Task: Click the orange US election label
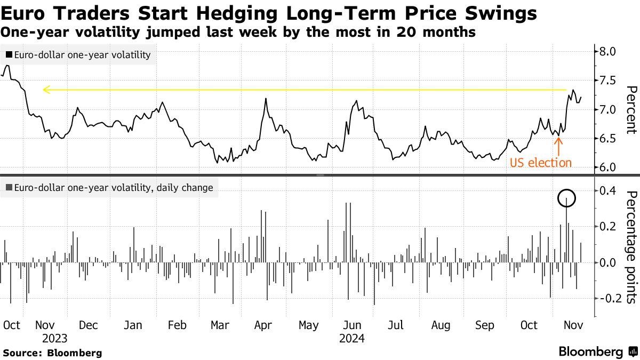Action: [540, 163]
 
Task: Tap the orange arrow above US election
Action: [558, 145]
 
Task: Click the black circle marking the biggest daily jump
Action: [567, 199]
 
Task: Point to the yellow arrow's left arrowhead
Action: [46, 90]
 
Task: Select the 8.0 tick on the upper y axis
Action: [608, 52]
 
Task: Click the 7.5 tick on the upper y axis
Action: [608, 81]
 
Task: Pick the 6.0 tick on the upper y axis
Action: [608, 167]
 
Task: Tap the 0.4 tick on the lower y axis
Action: [608, 191]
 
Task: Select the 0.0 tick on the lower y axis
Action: [608, 262]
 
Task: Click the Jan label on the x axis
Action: [133, 325]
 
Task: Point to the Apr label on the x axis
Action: [263, 325]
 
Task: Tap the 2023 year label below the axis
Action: [55, 339]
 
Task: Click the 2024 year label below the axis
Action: [351, 339]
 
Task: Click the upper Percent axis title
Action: [631, 109]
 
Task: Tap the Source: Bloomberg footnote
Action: [52, 353]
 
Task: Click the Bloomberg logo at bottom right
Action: [597, 352]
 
